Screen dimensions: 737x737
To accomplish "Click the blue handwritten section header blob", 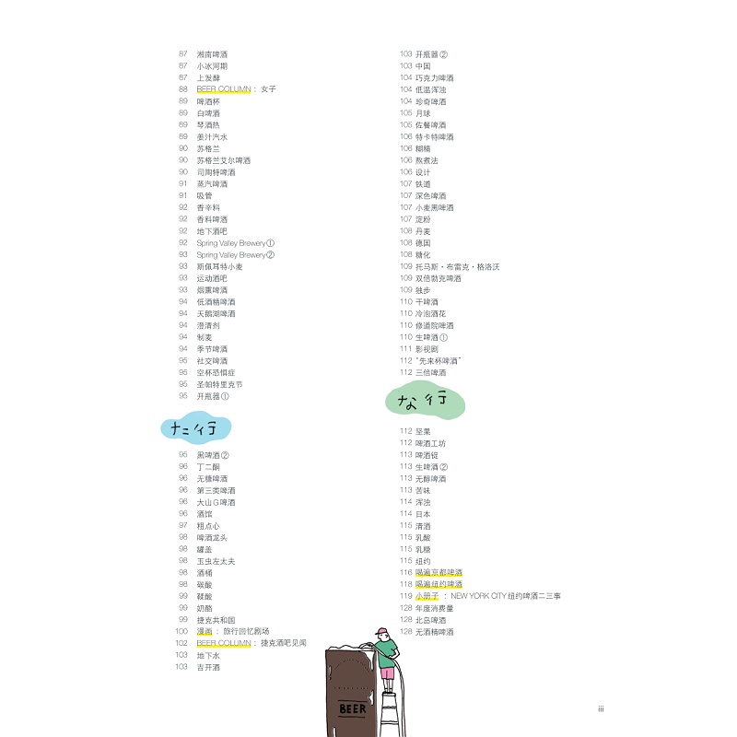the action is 194,427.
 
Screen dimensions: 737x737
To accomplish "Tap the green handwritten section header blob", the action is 425,401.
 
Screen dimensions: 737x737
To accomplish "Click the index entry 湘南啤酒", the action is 212,54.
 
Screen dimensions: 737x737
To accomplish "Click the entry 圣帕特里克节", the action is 219,384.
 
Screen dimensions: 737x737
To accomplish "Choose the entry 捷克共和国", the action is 216,620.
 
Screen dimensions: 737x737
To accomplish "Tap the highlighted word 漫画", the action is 205,632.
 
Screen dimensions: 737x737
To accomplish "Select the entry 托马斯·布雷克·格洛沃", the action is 457,266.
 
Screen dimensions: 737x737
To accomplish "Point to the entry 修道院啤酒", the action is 434,325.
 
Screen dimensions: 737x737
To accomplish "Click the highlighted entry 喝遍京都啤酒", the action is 439,572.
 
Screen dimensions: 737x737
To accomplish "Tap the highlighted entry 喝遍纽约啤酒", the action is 439,584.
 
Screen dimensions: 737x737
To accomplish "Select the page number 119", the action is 405,596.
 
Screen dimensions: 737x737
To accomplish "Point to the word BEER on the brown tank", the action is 353,708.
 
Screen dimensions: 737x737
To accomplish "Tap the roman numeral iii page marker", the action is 600,709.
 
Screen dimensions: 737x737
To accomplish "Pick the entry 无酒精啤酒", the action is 434,632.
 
